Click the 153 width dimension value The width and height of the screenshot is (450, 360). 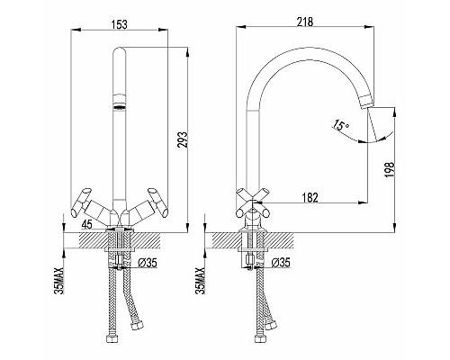pyautogui.click(x=120, y=24)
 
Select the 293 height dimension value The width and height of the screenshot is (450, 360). pyautogui.click(x=183, y=139)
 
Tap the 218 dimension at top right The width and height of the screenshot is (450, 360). pyautogui.click(x=304, y=22)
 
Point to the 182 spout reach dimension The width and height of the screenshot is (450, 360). pyautogui.click(x=310, y=197)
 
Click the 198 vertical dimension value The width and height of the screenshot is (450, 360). pyautogui.click(x=390, y=170)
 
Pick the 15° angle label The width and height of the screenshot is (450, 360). pyautogui.click(x=339, y=125)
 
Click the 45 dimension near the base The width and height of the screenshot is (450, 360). pyautogui.click(x=87, y=224)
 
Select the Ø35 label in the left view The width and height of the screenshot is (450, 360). pyautogui.click(x=148, y=263)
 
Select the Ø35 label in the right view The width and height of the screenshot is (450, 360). pyautogui.click(x=281, y=263)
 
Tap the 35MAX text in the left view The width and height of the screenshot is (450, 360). pyautogui.click(x=59, y=281)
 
